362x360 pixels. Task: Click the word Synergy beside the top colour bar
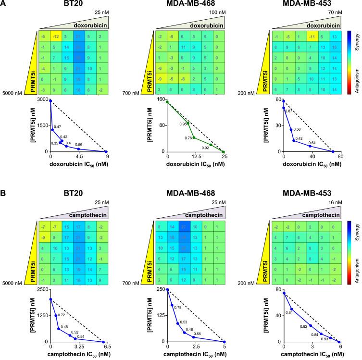click(x=356, y=42)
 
